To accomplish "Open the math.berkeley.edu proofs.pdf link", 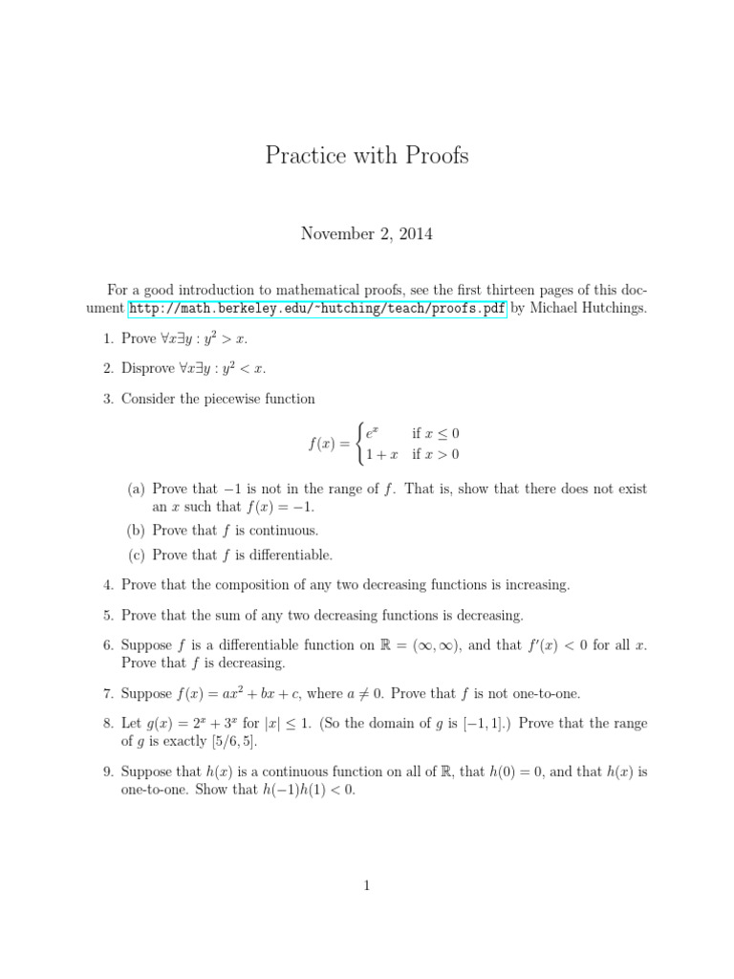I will (317, 308).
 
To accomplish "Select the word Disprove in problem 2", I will (150, 367).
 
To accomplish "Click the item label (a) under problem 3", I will (137, 489).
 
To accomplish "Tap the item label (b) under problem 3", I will (138, 530).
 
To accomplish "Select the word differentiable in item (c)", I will (291, 555).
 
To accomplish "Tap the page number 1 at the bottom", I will (366, 886).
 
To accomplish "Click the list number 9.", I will (109, 772).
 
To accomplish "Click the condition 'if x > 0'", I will (436, 454).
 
